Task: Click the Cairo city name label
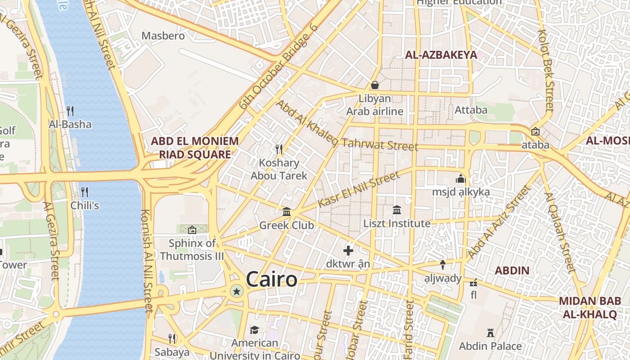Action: pyautogui.click(x=271, y=279)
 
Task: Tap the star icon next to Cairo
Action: pyautogui.click(x=236, y=292)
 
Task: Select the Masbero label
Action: pyautogui.click(x=163, y=36)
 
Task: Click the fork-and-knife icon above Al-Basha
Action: pyautogui.click(x=70, y=110)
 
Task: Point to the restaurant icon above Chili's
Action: pyautogui.click(x=84, y=192)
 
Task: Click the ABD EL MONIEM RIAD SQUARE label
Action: pyautogui.click(x=195, y=148)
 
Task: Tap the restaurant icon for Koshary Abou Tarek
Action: pyautogui.click(x=279, y=148)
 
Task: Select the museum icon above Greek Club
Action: pyautogui.click(x=287, y=211)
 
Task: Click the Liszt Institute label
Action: pyautogui.click(x=397, y=223)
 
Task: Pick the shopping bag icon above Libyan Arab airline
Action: pyautogui.click(x=374, y=85)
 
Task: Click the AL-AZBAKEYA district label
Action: pyautogui.click(x=441, y=55)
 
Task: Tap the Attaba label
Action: pyautogui.click(x=471, y=110)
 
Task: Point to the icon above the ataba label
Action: pyautogui.click(x=535, y=131)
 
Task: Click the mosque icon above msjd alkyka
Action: pyautogui.click(x=460, y=179)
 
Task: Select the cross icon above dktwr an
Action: pyautogui.click(x=348, y=251)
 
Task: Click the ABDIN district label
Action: pyautogui.click(x=512, y=271)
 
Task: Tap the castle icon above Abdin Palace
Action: pyautogui.click(x=490, y=333)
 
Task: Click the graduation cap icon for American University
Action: pyautogui.click(x=254, y=330)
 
